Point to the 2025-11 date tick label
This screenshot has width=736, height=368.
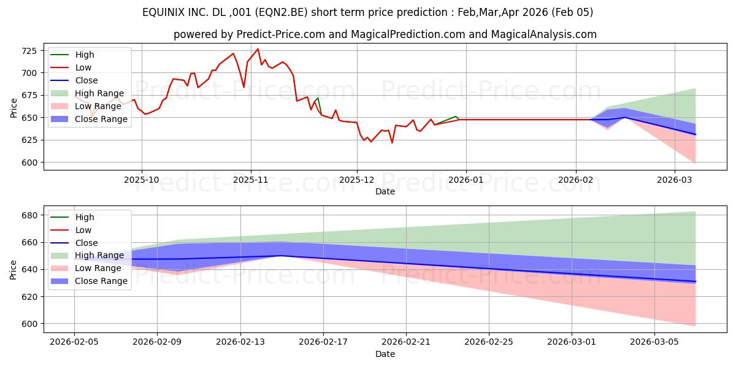250,180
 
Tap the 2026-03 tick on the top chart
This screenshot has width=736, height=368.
675,180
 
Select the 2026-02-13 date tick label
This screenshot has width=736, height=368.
240,342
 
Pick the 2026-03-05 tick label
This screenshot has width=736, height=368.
656,342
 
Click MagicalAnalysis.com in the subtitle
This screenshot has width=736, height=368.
543,34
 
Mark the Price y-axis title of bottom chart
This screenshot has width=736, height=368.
13,269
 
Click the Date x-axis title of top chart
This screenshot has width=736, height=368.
385,191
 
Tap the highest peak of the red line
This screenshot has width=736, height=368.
258,49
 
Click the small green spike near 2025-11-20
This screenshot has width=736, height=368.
317,98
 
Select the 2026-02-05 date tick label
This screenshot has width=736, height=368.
74,342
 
